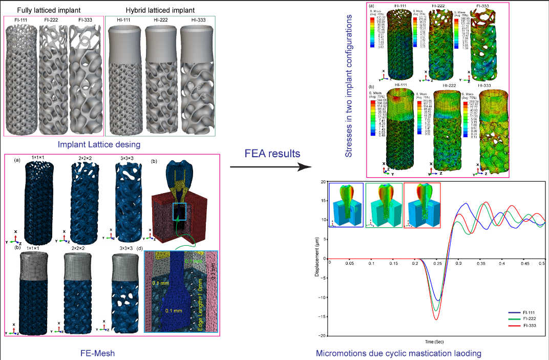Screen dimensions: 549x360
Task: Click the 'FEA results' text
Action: point(269,154)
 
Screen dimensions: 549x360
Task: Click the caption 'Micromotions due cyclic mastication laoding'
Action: point(399,353)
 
